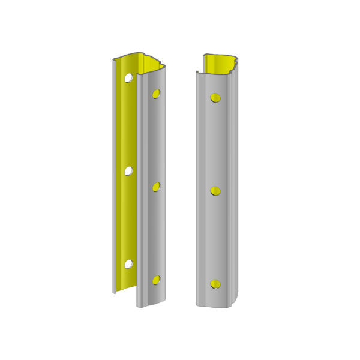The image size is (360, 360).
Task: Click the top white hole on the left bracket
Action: coord(128,78)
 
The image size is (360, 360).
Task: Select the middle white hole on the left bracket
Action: coord(128,171)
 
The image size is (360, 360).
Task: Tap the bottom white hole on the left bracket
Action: coord(128,264)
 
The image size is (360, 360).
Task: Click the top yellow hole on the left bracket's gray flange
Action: coord(156,94)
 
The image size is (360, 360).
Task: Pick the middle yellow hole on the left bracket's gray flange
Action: coord(156,187)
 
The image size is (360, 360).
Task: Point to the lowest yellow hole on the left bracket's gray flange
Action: coord(156,280)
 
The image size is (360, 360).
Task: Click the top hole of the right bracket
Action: coord(215,98)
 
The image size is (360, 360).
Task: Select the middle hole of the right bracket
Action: coord(215,191)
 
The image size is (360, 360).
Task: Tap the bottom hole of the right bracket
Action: coord(215,284)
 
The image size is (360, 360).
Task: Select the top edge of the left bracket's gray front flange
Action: coord(150,71)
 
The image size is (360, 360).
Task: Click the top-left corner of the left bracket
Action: coord(114,60)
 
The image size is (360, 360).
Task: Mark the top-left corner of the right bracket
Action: coord(197,72)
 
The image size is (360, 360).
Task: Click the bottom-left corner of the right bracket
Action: coord(197,305)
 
